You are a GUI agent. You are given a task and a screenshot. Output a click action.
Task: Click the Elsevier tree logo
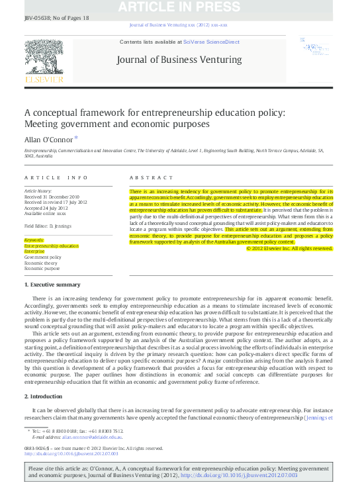point(43,56)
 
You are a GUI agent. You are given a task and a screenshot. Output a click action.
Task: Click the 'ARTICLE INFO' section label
point(56,178)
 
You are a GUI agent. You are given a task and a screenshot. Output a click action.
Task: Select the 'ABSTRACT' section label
point(148,178)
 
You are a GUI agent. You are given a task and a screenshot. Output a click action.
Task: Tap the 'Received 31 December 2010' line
point(52,195)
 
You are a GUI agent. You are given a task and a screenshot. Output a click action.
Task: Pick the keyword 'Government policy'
point(44,257)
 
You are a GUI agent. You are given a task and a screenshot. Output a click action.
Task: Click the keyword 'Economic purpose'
point(42,269)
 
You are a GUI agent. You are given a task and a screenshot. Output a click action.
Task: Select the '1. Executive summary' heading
point(52,285)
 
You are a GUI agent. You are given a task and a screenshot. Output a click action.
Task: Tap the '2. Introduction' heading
point(44,395)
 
